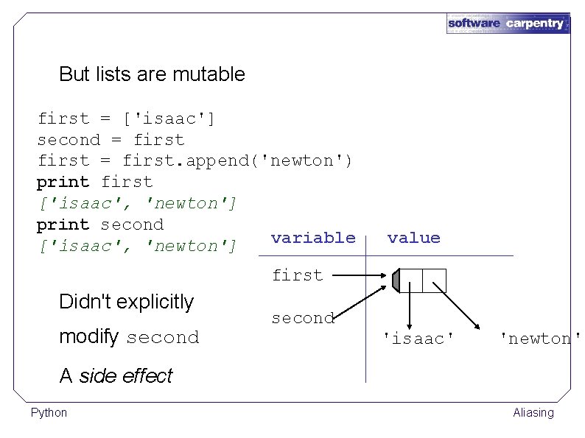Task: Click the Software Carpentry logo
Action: (x=508, y=23)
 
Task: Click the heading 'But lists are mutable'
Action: (x=152, y=74)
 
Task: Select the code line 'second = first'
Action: (x=111, y=140)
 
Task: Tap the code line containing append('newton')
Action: (x=195, y=161)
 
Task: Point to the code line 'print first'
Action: (x=95, y=182)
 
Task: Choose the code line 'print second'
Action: (x=100, y=225)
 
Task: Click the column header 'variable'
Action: (x=313, y=238)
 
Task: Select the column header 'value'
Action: (x=413, y=238)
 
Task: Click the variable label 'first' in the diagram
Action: (x=297, y=275)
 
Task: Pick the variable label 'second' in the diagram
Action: (x=303, y=318)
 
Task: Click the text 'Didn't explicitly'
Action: (x=126, y=302)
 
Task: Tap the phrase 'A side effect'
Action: (x=116, y=376)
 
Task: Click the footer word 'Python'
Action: (x=49, y=413)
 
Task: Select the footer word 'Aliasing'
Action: (x=533, y=413)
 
